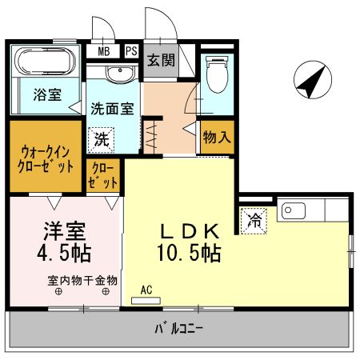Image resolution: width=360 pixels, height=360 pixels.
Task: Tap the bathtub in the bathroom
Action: click(44, 62)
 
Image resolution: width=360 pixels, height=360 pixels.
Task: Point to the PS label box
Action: click(130, 52)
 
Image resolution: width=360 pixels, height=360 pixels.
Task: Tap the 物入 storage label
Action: click(216, 138)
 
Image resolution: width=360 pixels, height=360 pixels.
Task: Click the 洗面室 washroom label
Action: click(110, 107)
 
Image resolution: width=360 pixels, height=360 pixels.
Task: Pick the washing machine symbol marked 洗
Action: click(102, 138)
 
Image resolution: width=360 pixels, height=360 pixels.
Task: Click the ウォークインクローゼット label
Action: click(46, 157)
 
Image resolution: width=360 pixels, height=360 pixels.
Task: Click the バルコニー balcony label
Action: click(178, 328)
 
